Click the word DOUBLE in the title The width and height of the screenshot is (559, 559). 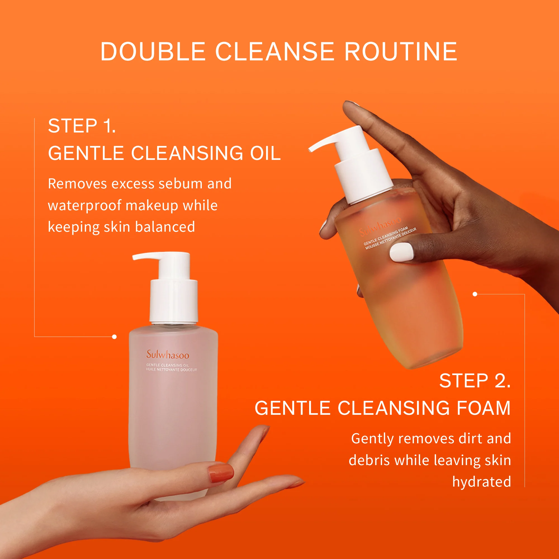tap(153, 51)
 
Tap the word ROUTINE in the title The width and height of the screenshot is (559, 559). tap(401, 51)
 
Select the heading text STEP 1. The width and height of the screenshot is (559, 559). tap(82, 126)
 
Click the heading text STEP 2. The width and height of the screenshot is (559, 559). tap(475, 381)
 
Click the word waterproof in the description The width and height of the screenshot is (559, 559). tap(84, 206)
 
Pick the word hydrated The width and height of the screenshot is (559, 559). tap(482, 482)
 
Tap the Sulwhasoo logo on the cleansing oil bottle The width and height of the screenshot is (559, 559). tap(167, 355)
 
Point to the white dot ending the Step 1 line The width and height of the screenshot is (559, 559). tap(114, 337)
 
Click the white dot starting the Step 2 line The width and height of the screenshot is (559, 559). tap(475, 294)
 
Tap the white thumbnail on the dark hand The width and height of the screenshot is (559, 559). tap(401, 252)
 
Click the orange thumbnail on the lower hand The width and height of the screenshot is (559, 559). tap(221, 472)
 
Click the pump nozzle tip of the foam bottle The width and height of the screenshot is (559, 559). tap(311, 149)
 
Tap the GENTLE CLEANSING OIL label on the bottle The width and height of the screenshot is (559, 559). tap(167, 365)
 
